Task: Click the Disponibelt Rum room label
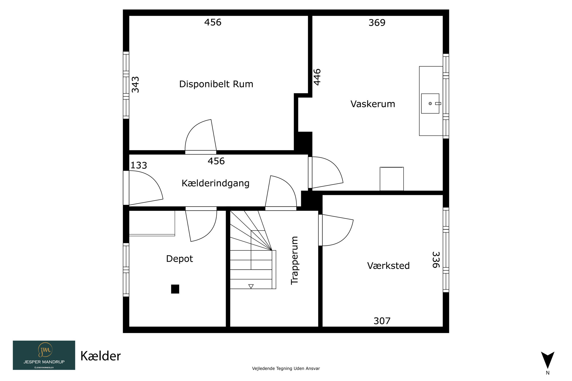click(x=216, y=84)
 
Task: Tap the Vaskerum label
click(x=373, y=104)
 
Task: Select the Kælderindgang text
click(x=216, y=183)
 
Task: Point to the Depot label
click(x=180, y=259)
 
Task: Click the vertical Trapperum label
click(x=295, y=260)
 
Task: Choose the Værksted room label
click(x=388, y=266)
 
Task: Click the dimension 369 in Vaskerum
click(x=377, y=23)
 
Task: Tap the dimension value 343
click(x=135, y=85)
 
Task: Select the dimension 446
click(x=317, y=77)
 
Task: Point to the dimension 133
click(x=139, y=165)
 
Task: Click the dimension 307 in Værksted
click(x=382, y=321)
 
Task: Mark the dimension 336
click(x=436, y=260)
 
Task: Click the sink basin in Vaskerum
click(x=430, y=103)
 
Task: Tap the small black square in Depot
click(x=175, y=289)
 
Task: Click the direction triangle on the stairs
click(x=251, y=286)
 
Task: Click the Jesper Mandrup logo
click(x=44, y=355)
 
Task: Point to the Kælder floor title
click(x=101, y=356)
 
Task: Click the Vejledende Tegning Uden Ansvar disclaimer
click(x=286, y=368)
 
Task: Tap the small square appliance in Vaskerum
click(x=392, y=179)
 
